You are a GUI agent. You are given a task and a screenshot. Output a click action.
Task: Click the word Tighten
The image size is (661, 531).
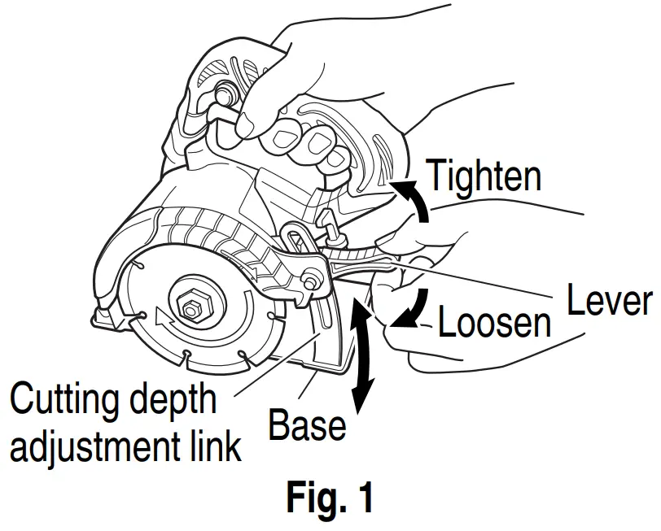482,176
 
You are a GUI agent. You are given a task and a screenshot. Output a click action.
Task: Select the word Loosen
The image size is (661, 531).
494,322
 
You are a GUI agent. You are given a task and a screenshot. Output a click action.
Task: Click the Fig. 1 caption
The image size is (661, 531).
330,498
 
